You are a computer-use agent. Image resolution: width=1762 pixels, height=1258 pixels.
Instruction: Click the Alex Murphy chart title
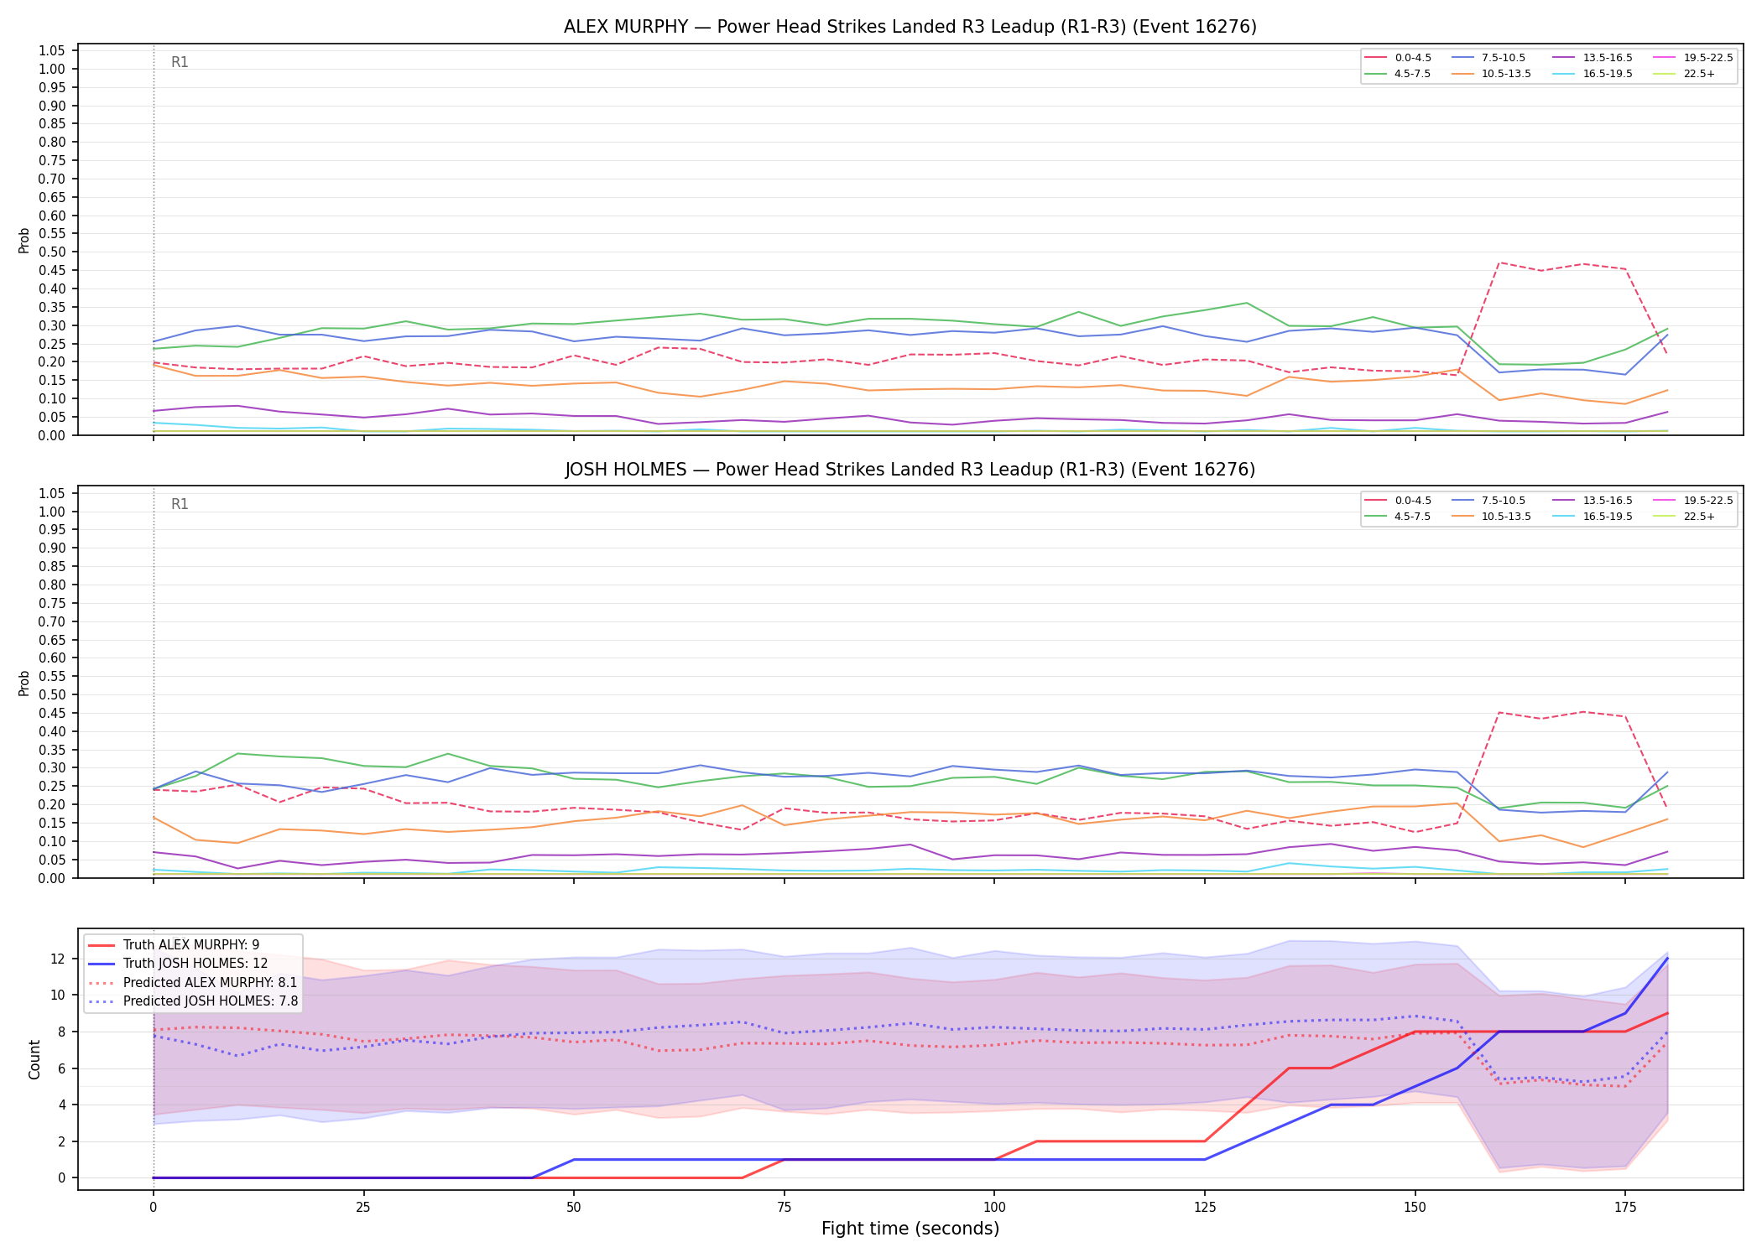pyautogui.click(x=910, y=27)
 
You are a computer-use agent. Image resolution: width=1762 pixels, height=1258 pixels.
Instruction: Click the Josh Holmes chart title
pyautogui.click(x=910, y=470)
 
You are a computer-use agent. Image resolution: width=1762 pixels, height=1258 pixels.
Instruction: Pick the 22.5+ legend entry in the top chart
pyautogui.click(x=1684, y=74)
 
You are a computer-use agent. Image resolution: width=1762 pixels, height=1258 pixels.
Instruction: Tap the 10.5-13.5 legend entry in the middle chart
pyautogui.click(x=1491, y=517)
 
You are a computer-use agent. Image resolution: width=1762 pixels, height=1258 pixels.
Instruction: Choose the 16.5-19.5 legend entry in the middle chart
pyautogui.click(x=1593, y=517)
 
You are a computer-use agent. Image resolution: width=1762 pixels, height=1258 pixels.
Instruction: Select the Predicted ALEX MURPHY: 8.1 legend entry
pyautogui.click(x=193, y=982)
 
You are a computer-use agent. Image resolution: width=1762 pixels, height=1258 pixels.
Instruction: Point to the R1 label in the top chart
pyautogui.click(x=180, y=62)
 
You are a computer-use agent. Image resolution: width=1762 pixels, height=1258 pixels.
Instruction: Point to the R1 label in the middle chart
pyautogui.click(x=180, y=504)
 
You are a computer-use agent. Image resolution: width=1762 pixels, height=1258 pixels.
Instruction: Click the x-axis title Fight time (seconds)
pyautogui.click(x=910, y=1229)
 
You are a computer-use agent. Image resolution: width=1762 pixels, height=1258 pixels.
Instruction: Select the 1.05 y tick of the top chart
pyautogui.click(x=52, y=51)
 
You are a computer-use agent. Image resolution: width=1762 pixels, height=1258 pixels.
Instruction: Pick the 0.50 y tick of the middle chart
pyautogui.click(x=52, y=694)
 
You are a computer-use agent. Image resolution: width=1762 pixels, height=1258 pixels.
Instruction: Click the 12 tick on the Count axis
pyautogui.click(x=60, y=959)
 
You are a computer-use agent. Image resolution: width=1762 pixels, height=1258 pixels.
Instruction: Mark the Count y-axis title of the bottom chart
pyautogui.click(x=34, y=1059)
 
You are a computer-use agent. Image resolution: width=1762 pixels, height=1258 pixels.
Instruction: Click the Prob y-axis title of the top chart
pyautogui.click(x=24, y=241)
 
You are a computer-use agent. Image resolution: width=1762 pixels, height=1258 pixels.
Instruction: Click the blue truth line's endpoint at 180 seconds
pyautogui.click(x=1667, y=958)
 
